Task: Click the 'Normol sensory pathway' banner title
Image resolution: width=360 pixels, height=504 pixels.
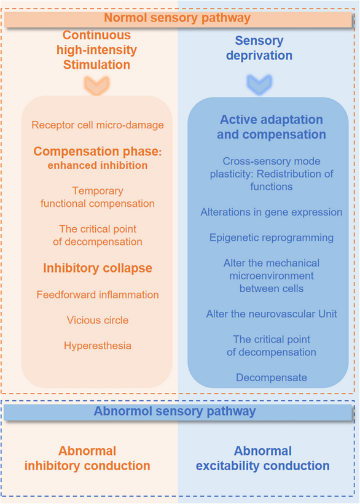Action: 177,18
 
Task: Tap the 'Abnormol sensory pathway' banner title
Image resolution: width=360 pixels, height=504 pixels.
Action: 174,411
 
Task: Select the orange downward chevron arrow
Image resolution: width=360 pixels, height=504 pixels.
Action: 96,85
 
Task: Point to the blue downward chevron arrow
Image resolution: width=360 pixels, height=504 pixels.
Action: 259,85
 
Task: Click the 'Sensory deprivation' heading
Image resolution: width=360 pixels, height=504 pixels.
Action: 259,48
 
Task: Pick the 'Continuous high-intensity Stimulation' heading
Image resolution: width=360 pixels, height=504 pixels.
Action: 96,50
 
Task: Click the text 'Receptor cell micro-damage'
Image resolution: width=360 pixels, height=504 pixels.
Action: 98,125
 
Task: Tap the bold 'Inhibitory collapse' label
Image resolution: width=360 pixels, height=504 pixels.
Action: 98,268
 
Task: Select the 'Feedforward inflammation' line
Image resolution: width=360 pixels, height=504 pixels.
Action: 98,295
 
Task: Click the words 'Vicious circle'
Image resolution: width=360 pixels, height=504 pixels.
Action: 98,320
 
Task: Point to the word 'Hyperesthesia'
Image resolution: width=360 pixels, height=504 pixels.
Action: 98,346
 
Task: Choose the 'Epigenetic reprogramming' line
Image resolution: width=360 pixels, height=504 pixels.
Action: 271,238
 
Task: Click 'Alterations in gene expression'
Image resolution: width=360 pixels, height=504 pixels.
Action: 271,212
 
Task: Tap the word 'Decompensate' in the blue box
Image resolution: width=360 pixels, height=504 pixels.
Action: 271,378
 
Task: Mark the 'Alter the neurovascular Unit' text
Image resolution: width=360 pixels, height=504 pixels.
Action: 271,314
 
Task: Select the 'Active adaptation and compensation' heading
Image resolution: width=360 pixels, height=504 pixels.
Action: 271,127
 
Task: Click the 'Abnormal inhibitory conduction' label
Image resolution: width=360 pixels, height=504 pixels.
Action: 87,459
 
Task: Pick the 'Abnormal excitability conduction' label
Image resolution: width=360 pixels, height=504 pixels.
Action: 262,459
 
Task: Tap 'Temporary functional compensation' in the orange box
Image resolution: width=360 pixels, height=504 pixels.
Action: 98,197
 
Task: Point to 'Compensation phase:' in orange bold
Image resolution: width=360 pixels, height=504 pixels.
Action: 98,152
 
